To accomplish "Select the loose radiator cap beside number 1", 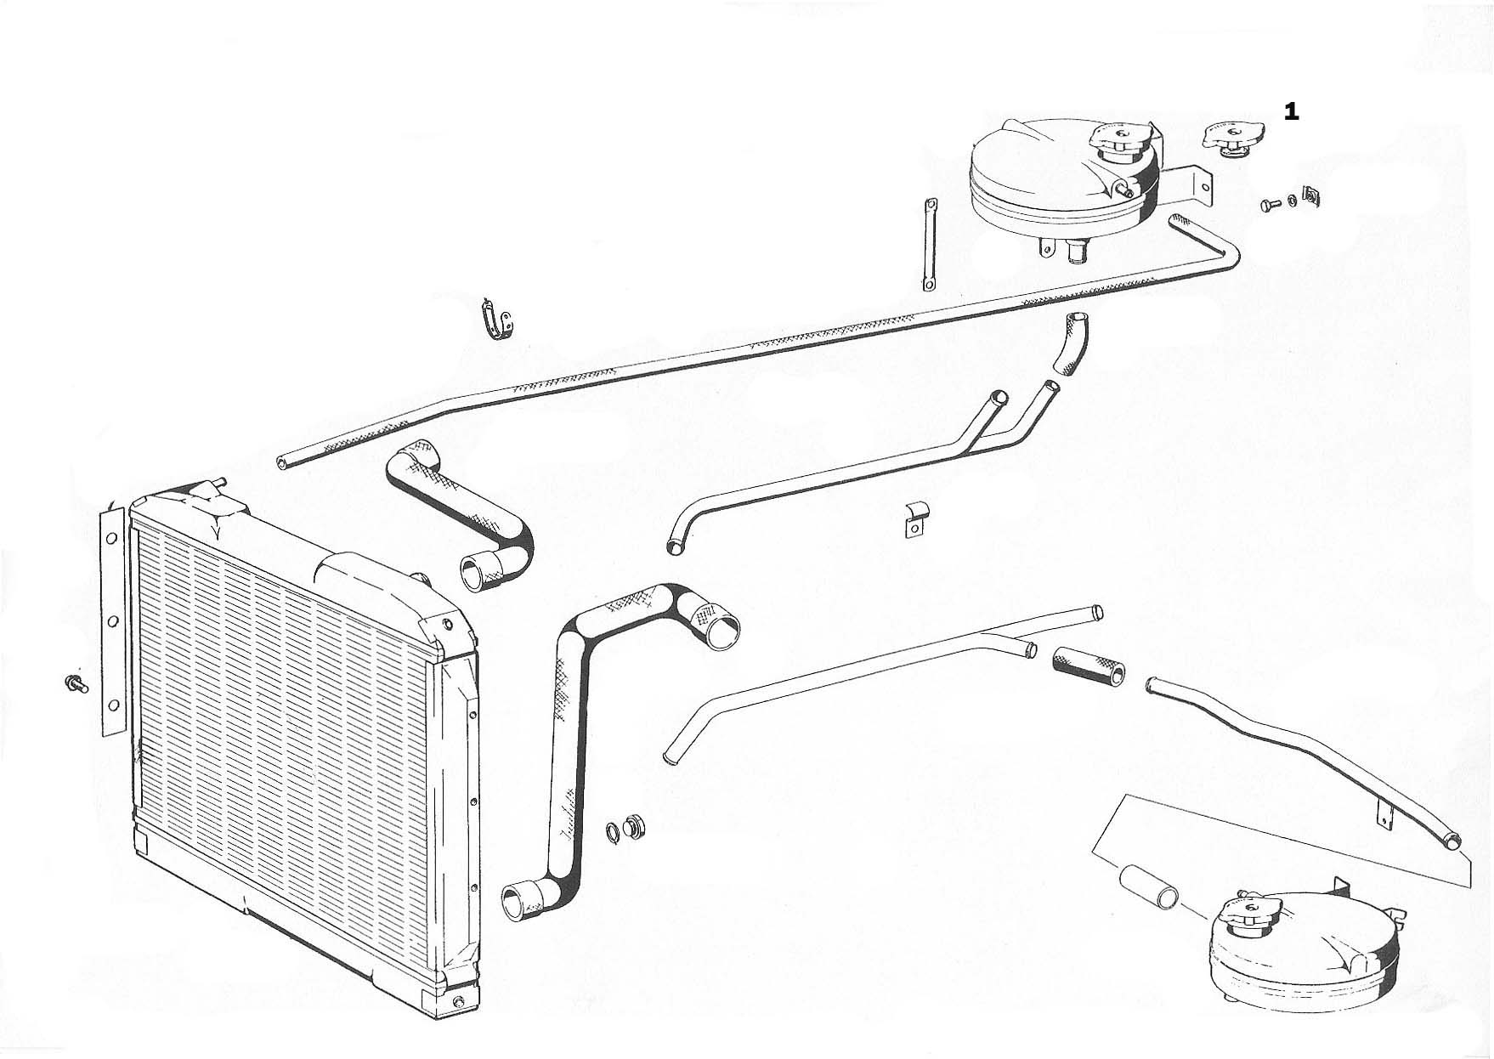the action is tap(1234, 139).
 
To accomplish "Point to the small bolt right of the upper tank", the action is tap(1271, 204).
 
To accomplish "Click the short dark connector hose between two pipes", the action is tap(1089, 666).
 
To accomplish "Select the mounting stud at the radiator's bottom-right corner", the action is tap(459, 1002).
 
